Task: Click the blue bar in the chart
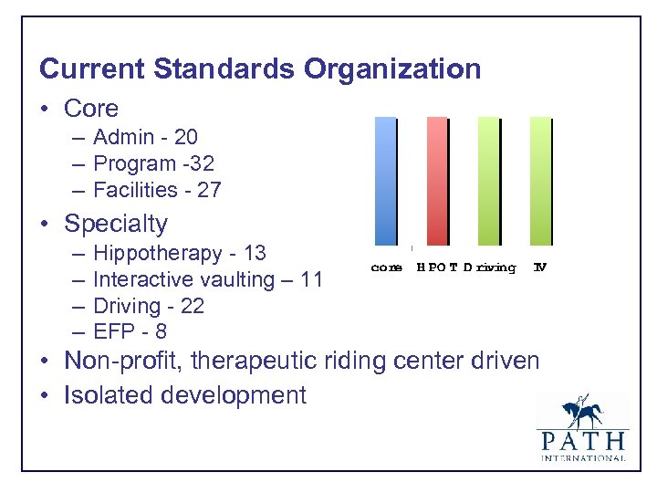pyautogui.click(x=386, y=181)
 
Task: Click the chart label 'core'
pyautogui.click(x=387, y=267)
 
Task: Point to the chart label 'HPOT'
pyautogui.click(x=437, y=267)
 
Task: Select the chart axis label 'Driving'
pyautogui.click(x=489, y=267)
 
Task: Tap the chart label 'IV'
pyautogui.click(x=539, y=267)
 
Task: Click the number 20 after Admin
pyautogui.click(x=185, y=137)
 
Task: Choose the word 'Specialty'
pyautogui.click(x=116, y=224)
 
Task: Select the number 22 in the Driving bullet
pyautogui.click(x=192, y=306)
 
